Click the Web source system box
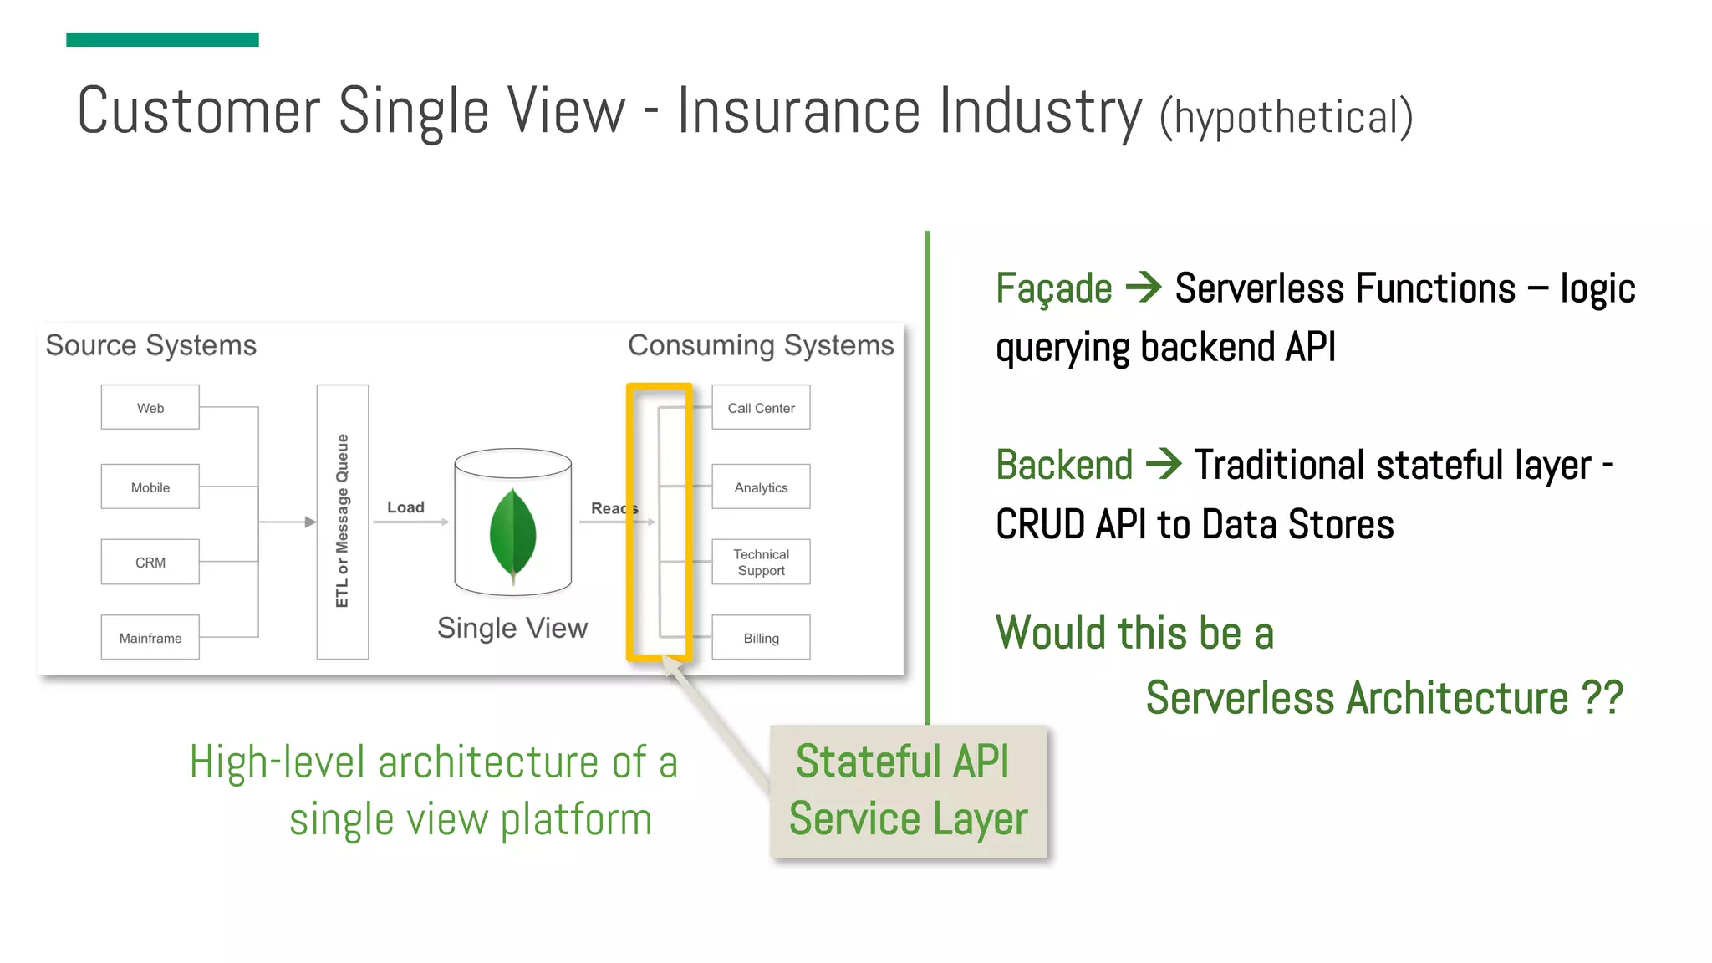pyautogui.click(x=150, y=407)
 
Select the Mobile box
pyautogui.click(x=150, y=487)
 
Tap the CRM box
pyautogui.click(x=150, y=562)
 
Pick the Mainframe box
pyautogui.click(x=150, y=637)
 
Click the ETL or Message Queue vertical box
pyautogui.click(x=343, y=522)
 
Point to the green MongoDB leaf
pyautogui.click(x=512, y=533)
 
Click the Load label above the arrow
pyautogui.click(x=405, y=507)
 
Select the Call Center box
pyautogui.click(x=761, y=407)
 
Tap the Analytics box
pyautogui.click(x=761, y=487)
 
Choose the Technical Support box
pyautogui.click(x=761, y=562)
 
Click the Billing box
pyautogui.click(x=761, y=637)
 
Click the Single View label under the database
pyautogui.click(x=512, y=628)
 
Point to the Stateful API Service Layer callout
pyautogui.click(x=908, y=791)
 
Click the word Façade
pyautogui.click(x=1053, y=289)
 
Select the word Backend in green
pyautogui.click(x=1064, y=466)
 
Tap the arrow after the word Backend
pyautogui.click(x=1164, y=464)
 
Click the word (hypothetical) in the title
pyautogui.click(x=1286, y=117)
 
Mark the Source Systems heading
pyautogui.click(x=151, y=345)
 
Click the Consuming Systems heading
pyautogui.click(x=761, y=345)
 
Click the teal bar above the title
pyautogui.click(x=162, y=39)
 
